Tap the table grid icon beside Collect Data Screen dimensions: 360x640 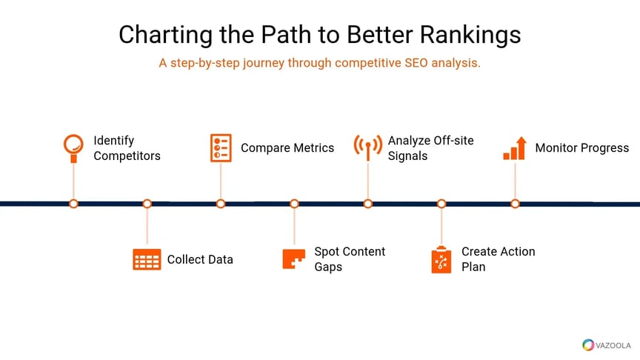point(147,259)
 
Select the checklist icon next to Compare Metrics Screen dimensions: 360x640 point(221,147)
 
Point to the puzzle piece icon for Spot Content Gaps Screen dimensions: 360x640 point(294,259)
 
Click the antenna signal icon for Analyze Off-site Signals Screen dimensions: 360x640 point(368,146)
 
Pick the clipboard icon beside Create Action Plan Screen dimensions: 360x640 point(441,260)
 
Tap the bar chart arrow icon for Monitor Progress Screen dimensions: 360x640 point(515,147)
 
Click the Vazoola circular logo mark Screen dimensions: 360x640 point(588,344)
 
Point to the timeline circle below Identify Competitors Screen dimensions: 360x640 point(73,203)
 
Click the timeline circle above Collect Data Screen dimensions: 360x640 point(147,203)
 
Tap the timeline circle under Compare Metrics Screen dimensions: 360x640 point(221,203)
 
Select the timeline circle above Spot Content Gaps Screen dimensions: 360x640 point(294,203)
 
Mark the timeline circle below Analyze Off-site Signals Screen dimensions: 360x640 point(368,203)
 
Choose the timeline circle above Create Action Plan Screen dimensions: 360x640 point(441,203)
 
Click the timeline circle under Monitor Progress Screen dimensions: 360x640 point(515,203)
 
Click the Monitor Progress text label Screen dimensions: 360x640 point(581,147)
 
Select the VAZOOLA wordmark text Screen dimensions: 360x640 point(613,345)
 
